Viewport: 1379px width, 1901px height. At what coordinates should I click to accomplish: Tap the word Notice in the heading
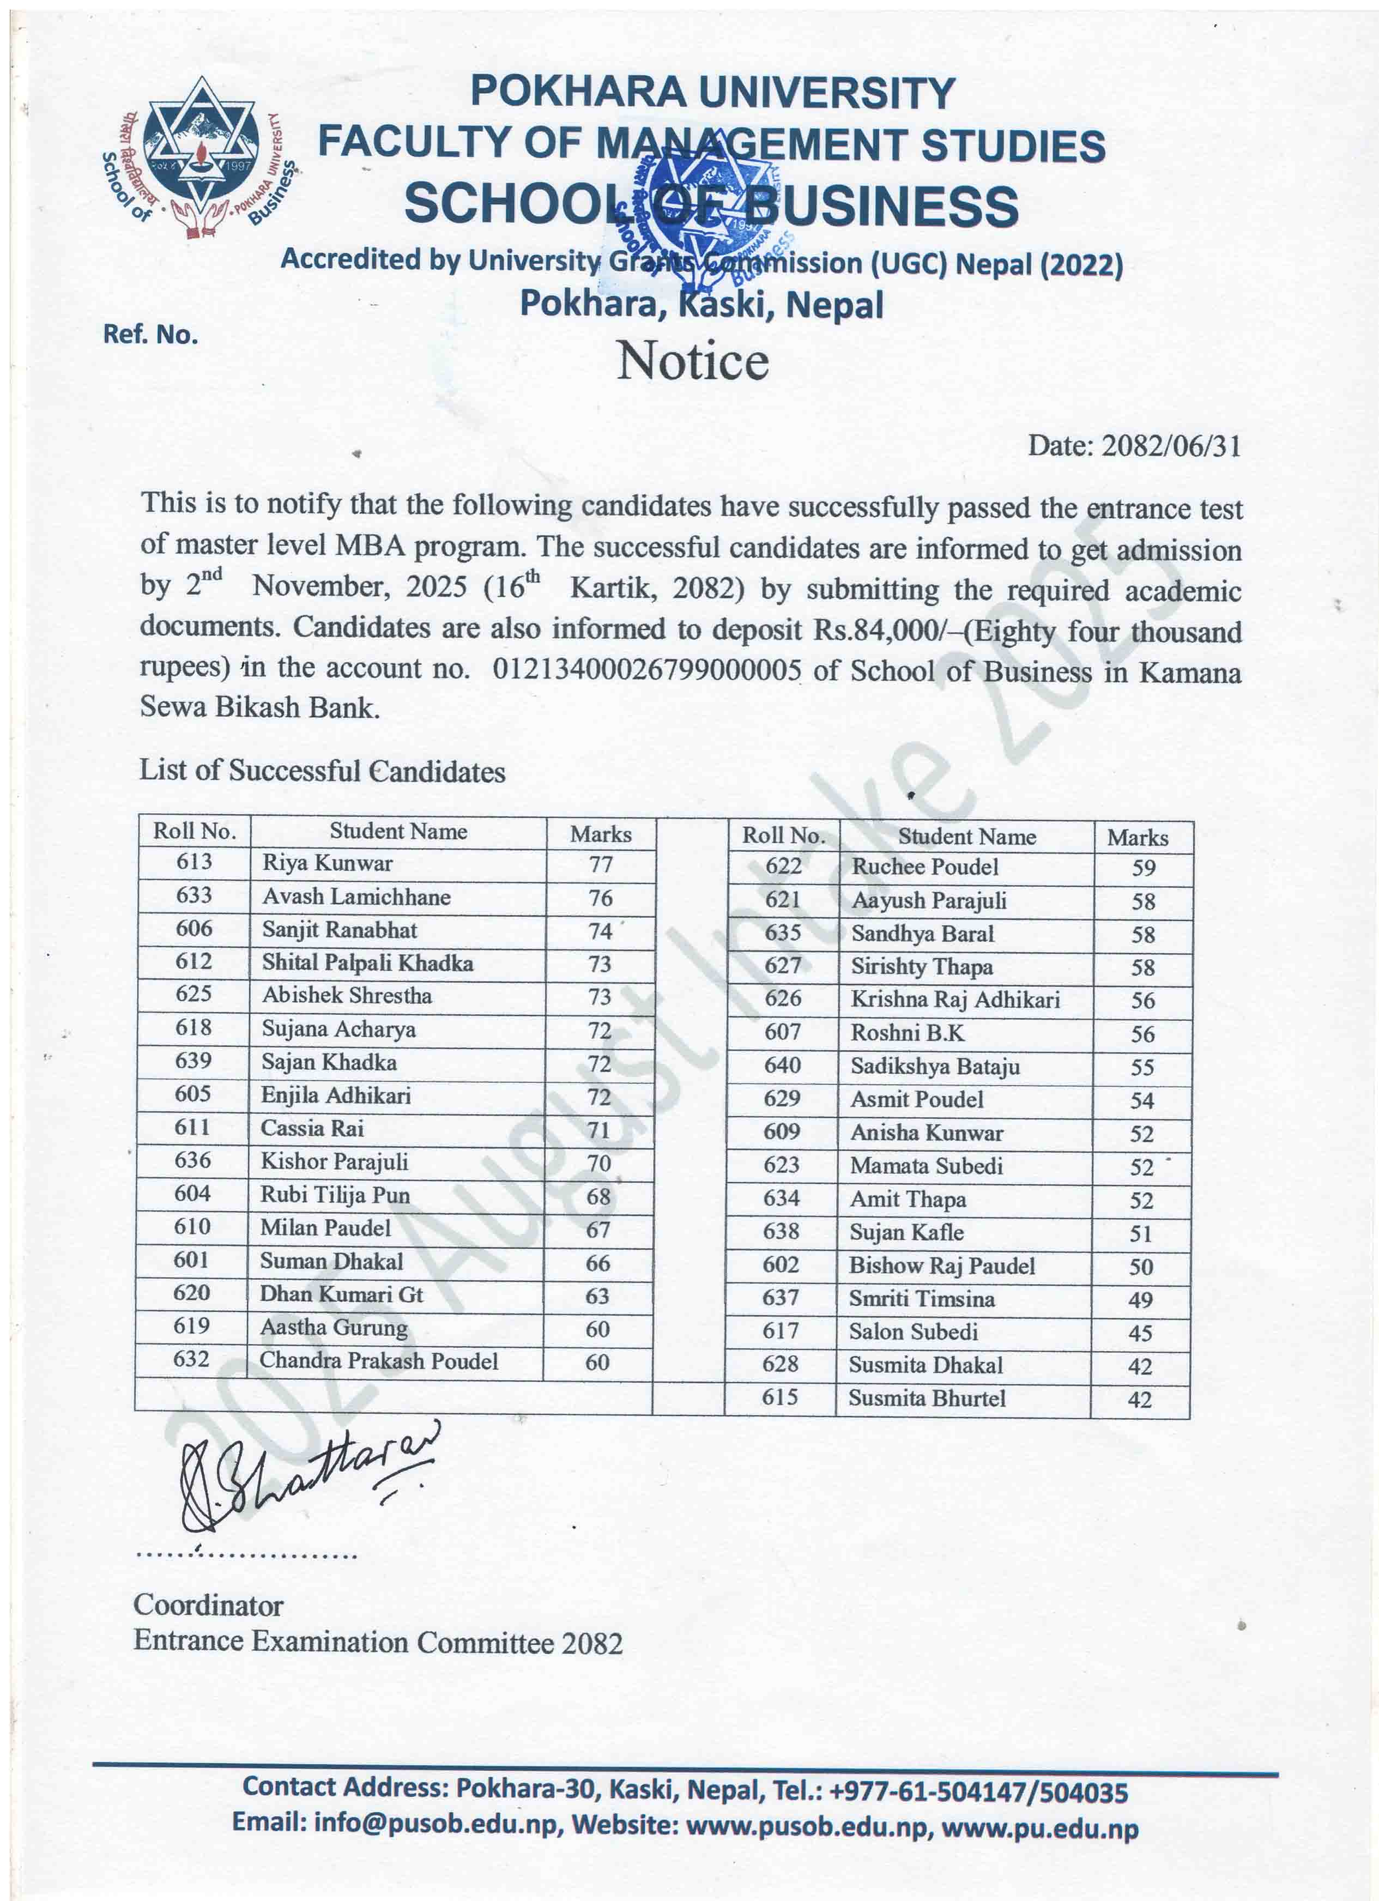pos(692,362)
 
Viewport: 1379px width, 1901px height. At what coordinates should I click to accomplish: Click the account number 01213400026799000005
pos(646,670)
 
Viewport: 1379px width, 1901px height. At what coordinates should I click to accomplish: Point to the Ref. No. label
pos(150,335)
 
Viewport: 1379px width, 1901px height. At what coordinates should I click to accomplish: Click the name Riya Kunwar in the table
pos(327,863)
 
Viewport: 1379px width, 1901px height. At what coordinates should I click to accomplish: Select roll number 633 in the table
pos(193,895)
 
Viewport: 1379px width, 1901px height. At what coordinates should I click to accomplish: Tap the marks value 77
pos(600,864)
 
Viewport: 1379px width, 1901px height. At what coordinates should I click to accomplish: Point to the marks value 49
pos(1140,1300)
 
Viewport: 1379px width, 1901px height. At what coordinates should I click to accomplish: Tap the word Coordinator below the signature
pos(208,1605)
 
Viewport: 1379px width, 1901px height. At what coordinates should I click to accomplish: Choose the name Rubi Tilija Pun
pos(335,1195)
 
